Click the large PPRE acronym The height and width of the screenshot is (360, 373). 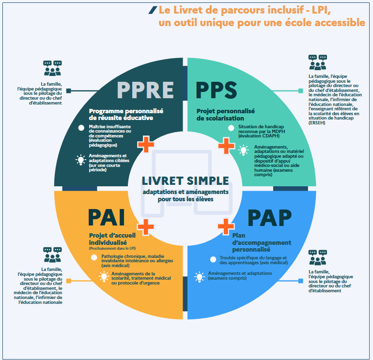145,90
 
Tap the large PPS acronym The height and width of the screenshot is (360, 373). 216,90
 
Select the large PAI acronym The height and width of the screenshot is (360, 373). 107,217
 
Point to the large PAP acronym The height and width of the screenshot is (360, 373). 269,218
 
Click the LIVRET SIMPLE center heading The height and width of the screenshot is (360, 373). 186,181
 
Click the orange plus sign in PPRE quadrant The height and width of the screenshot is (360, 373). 146,144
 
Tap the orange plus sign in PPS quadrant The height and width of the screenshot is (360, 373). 226,144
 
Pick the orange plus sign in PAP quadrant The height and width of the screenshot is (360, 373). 225,225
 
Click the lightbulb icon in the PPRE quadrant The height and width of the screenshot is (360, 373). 81,160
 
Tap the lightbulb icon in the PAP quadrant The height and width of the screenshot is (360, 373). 199,277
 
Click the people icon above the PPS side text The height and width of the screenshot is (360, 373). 318,62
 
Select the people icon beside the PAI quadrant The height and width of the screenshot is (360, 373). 53,255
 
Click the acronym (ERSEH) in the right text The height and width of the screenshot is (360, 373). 317,123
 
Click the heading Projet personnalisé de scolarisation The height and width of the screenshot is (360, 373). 225,114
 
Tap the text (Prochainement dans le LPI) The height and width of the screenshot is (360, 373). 111,248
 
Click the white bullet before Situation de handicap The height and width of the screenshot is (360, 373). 232,128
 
